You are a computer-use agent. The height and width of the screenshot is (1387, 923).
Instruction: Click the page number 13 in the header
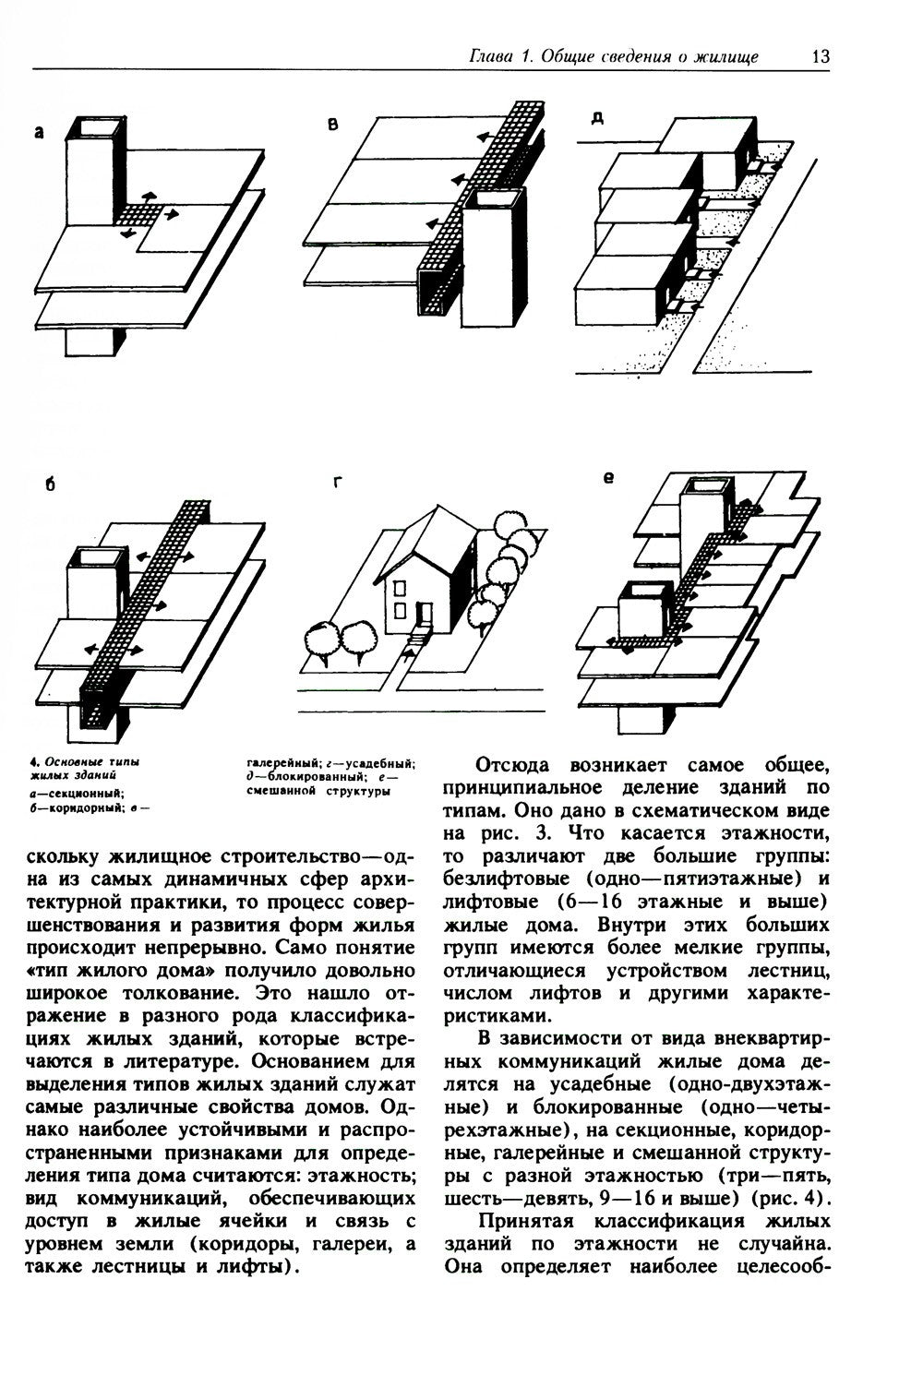pyautogui.click(x=821, y=57)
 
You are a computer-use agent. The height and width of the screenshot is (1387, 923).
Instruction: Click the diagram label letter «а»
pyautogui.click(x=39, y=133)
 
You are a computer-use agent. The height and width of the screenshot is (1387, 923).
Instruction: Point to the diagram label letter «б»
pyautogui.click(x=49, y=486)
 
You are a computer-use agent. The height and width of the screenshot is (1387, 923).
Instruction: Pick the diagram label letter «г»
pyautogui.click(x=339, y=483)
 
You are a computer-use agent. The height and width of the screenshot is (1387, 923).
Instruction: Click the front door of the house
pyautogui.click(x=425, y=614)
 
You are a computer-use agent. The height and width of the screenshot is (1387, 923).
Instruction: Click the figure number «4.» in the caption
pyautogui.click(x=33, y=762)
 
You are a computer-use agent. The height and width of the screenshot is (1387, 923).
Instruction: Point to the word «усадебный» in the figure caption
pyautogui.click(x=380, y=763)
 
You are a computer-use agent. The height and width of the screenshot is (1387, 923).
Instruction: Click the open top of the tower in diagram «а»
pyautogui.click(x=92, y=125)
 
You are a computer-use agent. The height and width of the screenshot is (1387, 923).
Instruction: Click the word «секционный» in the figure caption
pyautogui.click(x=78, y=792)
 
